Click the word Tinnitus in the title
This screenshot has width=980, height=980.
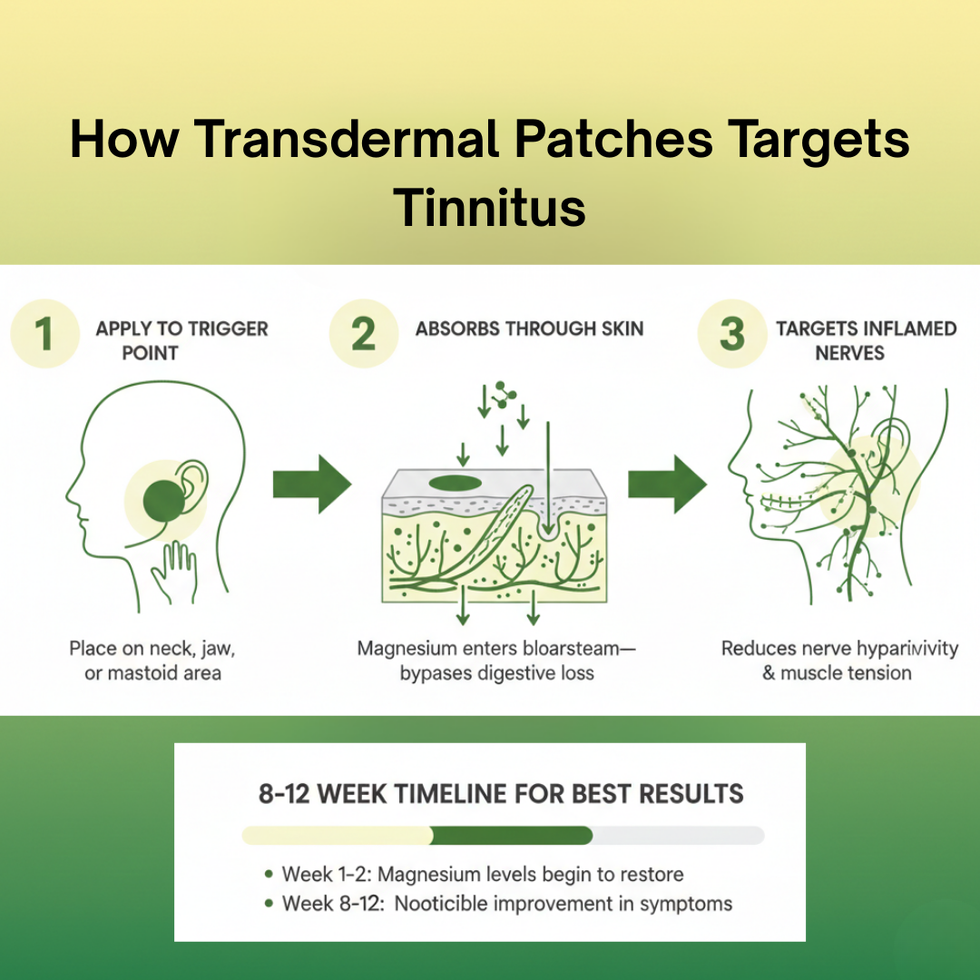pyautogui.click(x=490, y=207)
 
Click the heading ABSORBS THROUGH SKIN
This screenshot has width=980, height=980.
pyautogui.click(x=530, y=328)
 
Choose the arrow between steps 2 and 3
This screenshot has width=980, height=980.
pyautogui.click(x=667, y=485)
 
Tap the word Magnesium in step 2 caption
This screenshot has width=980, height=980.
pyautogui.click(x=409, y=649)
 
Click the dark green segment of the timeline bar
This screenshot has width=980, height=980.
pyautogui.click(x=512, y=835)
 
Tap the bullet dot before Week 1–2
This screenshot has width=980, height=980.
pyautogui.click(x=269, y=875)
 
